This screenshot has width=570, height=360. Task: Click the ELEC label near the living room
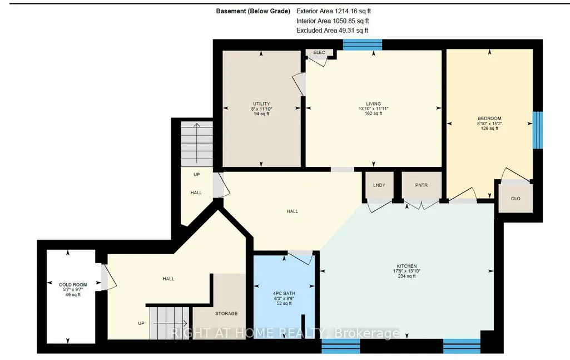(319, 52)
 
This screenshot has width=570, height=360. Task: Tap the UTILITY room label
(262, 103)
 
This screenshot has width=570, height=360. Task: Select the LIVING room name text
(373, 103)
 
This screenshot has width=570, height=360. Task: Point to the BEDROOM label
(489, 118)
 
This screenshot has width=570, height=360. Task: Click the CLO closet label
(516, 199)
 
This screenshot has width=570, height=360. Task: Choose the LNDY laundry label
(379, 185)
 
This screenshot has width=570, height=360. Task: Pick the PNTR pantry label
(422, 185)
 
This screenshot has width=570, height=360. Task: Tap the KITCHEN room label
(407, 266)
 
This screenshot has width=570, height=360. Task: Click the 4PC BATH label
(284, 293)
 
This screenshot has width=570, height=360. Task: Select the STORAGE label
(226, 313)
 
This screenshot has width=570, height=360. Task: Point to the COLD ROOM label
(73, 285)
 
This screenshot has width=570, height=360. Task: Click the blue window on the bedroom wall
(537, 130)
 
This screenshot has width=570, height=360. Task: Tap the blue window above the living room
(363, 45)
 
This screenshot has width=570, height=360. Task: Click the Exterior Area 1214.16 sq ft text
(333, 11)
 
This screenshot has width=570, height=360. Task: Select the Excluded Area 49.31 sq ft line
(332, 31)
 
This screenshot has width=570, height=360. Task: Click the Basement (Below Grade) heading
(253, 11)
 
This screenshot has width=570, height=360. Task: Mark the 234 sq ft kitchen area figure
(407, 276)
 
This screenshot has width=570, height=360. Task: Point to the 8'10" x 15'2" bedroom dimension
(489, 124)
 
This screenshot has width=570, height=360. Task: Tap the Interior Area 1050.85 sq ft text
(333, 21)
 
